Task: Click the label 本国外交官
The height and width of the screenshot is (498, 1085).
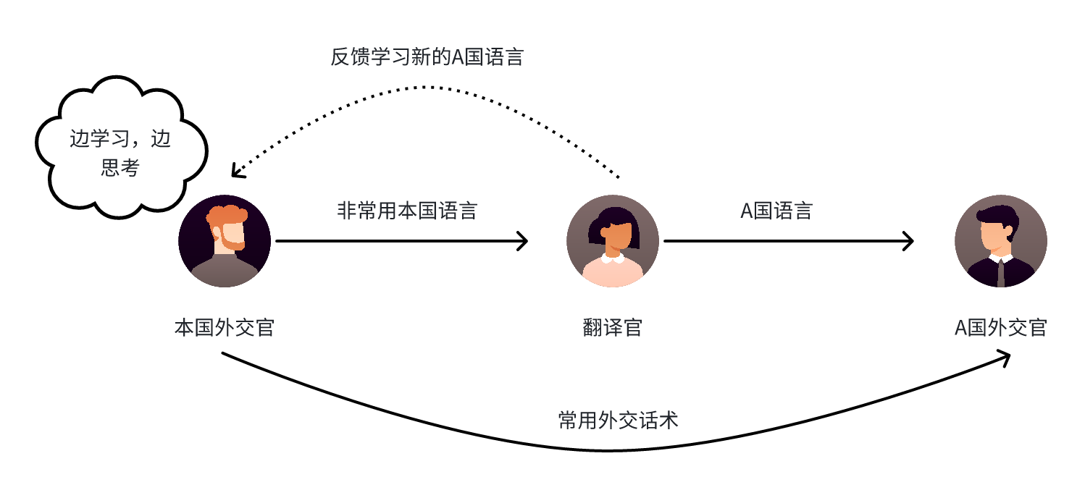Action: [225, 328]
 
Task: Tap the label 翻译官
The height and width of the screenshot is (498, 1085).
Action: [613, 328]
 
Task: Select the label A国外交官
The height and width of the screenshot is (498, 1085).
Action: [1000, 328]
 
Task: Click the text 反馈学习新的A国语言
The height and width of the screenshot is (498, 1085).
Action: [427, 57]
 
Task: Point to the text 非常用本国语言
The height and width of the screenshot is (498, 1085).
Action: [407, 211]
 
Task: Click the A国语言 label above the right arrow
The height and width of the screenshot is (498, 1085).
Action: [776, 211]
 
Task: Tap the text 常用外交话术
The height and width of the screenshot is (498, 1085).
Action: [619, 421]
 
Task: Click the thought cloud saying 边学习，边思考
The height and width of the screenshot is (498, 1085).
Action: [120, 153]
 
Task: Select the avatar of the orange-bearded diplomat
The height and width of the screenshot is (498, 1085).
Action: [225, 241]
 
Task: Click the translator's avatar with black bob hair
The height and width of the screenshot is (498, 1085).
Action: [613, 241]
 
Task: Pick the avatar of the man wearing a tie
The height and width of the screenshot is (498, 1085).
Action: [1000, 241]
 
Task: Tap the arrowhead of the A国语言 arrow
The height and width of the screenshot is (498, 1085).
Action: [909, 241]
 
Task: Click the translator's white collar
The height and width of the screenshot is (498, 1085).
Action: [613, 258]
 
